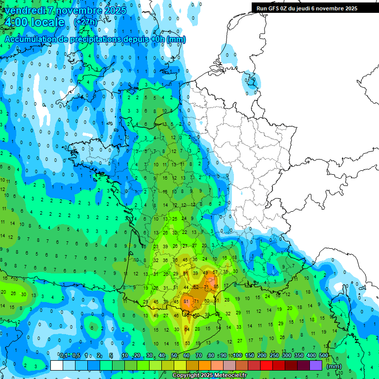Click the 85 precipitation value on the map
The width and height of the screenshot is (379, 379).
pyautogui.click(x=216, y=286)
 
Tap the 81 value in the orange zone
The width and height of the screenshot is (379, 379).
pyautogui.click(x=186, y=301)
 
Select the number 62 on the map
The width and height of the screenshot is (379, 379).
pyautogui.click(x=196, y=287)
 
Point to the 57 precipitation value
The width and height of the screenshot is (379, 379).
pyautogui.click(x=215, y=272)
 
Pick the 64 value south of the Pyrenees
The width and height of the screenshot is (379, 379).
pyautogui.click(x=187, y=329)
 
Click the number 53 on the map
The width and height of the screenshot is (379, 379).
pyautogui.click(x=187, y=343)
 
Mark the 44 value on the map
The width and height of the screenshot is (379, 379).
pyautogui.click(x=186, y=287)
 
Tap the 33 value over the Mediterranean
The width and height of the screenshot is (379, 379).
pyautogui.click(x=239, y=327)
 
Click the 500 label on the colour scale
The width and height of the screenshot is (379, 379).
pyautogui.click(x=324, y=355)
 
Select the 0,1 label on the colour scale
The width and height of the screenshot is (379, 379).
pyautogui.click(x=64, y=355)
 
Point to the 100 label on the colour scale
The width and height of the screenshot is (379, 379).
pyautogui.click(x=237, y=355)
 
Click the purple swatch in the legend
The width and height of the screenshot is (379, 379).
pyautogui.click(x=316, y=365)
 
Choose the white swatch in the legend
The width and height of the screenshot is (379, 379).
pyautogui.click(x=57, y=365)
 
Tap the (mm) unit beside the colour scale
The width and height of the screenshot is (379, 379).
pyautogui.click(x=334, y=366)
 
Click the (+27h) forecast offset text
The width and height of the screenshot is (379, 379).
pyautogui.click(x=85, y=22)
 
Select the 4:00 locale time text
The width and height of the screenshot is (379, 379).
pyautogui.click(x=34, y=22)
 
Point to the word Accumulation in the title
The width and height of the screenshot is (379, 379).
pyautogui.click(x=30, y=39)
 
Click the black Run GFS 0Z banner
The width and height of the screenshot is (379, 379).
pyautogui.click(x=307, y=8)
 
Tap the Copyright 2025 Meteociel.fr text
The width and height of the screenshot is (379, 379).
pyautogui.click(x=209, y=376)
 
